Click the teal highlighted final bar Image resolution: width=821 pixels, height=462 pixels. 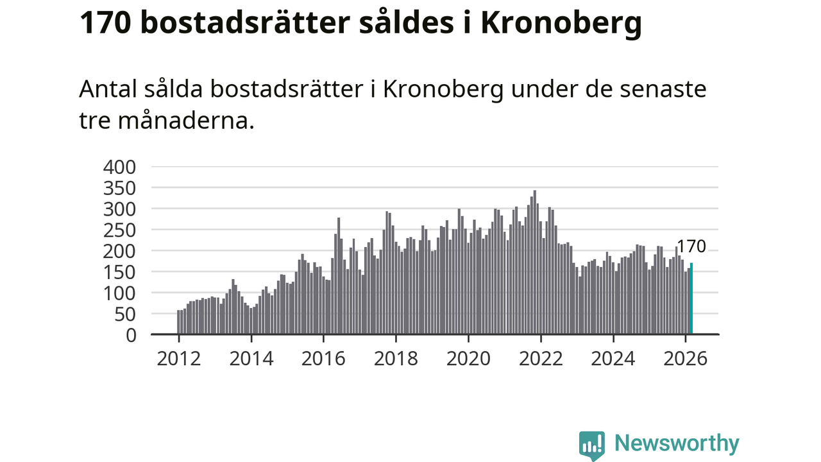coord(691,299)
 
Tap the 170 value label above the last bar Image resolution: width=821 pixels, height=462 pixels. coord(691,246)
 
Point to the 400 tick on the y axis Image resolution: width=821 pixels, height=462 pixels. coord(119,167)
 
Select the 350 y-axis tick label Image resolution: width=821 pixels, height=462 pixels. coord(119,188)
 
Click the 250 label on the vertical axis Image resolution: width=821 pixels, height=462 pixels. coord(119,230)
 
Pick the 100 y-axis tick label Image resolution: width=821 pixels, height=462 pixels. coord(119,293)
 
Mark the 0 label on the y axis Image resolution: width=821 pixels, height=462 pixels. coord(131,335)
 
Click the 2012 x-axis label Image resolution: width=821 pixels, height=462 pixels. coord(178,358)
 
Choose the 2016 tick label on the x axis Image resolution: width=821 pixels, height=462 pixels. coord(323,358)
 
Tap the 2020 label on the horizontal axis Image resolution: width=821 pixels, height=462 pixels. coord(468,358)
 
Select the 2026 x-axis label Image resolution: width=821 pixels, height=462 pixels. coord(686,358)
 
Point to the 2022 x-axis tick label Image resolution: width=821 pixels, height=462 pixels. coord(541,358)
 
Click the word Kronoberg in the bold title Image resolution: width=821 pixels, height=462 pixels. coord(561,24)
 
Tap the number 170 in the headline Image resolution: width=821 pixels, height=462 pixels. coord(104,24)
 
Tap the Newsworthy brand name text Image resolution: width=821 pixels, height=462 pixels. coord(677,443)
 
